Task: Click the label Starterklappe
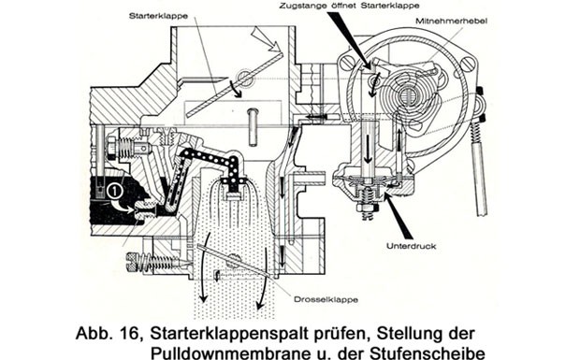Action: pyautogui.click(x=158, y=16)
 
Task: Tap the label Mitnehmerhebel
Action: pyautogui.click(x=452, y=22)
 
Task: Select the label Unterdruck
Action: pyautogui.click(x=412, y=246)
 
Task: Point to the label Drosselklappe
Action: pyautogui.click(x=326, y=299)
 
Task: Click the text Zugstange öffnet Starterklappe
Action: pyautogui.click(x=350, y=6)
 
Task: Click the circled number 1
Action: pyautogui.click(x=115, y=191)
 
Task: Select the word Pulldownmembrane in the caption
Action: pyautogui.click(x=227, y=353)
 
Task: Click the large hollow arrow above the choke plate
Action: pyautogui.click(x=266, y=40)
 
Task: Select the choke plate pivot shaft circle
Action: pyautogui.click(x=245, y=77)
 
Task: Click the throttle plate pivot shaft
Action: pyautogui.click(x=234, y=259)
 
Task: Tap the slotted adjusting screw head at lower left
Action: pyautogui.click(x=132, y=261)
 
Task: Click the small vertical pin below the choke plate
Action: pyautogui.click(x=254, y=126)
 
